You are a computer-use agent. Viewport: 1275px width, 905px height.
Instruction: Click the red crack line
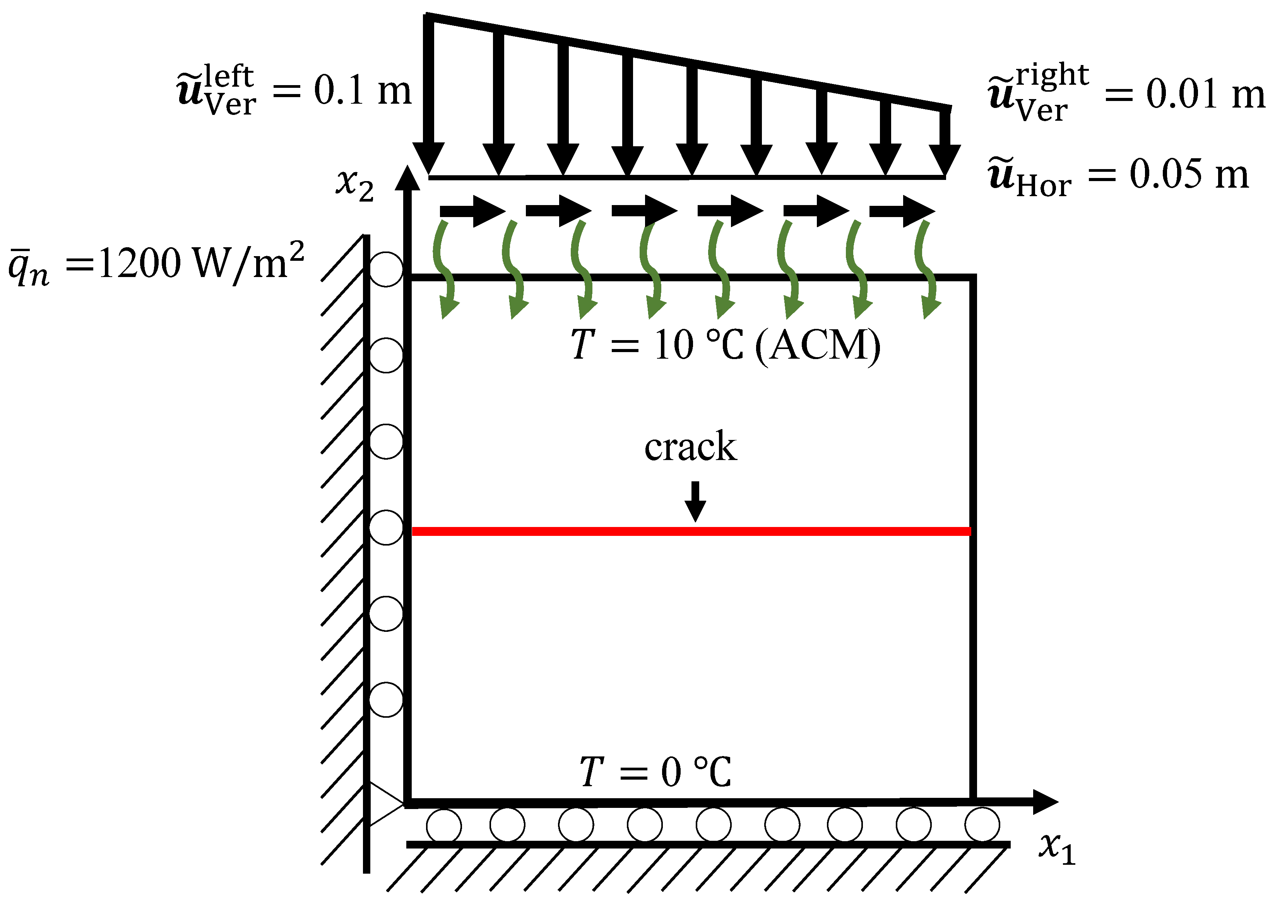point(691,531)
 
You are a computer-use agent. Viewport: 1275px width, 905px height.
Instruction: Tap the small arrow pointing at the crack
point(695,501)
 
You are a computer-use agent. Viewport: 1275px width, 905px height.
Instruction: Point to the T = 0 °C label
point(655,772)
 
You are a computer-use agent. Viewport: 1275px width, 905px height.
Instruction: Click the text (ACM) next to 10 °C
point(818,346)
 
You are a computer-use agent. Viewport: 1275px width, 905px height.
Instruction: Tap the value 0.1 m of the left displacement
point(362,90)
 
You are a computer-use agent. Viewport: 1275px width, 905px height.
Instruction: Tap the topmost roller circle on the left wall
point(386,269)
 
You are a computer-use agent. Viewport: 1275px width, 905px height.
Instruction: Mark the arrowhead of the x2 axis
point(407,178)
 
